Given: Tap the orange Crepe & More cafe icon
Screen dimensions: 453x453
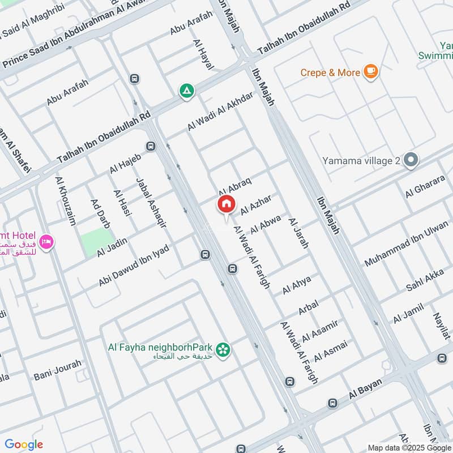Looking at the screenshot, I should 371,72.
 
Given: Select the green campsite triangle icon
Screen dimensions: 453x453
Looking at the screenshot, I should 186,91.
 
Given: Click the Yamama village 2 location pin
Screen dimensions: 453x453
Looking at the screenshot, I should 411,161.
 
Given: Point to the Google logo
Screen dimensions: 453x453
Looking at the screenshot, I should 24,445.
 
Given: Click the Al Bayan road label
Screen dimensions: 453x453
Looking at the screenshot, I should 367,391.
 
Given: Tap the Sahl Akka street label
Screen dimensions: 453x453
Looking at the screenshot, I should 425,281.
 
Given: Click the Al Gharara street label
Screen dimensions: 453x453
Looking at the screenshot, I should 425,188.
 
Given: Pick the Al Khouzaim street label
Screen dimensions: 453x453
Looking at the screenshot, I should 66,200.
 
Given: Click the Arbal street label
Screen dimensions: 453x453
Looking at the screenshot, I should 309,307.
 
